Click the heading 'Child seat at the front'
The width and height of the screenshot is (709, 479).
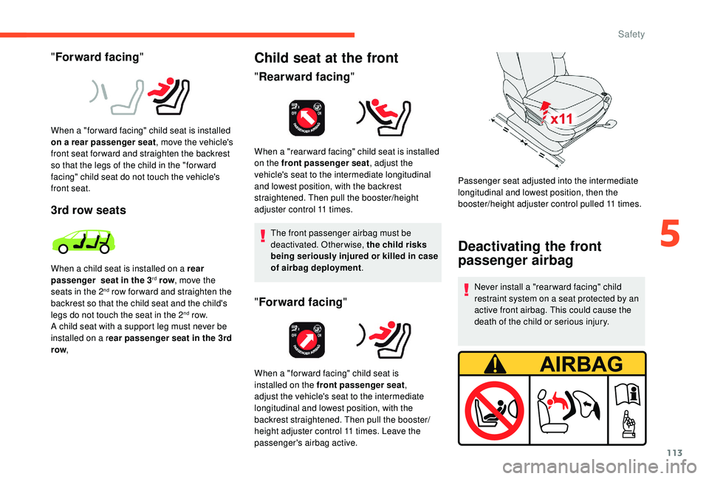(x=326, y=58)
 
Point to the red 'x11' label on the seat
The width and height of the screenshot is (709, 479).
(x=561, y=119)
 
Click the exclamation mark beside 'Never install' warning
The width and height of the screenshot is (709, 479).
(x=466, y=291)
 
